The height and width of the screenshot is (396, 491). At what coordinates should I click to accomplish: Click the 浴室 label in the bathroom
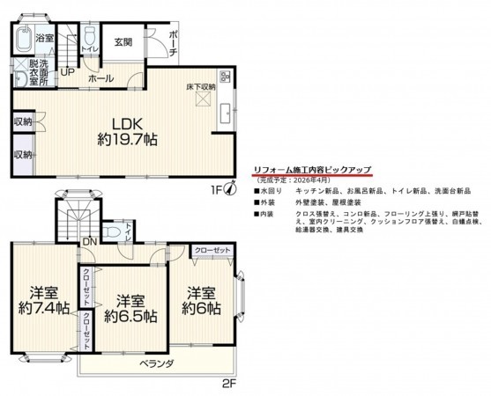point(45,39)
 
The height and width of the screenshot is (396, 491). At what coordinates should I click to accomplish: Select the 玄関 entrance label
point(123,42)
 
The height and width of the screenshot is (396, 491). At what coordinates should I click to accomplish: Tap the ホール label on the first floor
point(99,78)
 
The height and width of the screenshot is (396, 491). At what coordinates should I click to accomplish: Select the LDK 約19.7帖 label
point(122,130)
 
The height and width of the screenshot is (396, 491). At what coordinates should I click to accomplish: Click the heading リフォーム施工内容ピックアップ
point(312,169)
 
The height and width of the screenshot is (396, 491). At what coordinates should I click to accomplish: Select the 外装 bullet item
point(267,202)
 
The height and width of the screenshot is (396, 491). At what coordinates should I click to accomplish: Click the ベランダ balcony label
point(155,363)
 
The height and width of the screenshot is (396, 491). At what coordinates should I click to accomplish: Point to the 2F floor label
point(228,383)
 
